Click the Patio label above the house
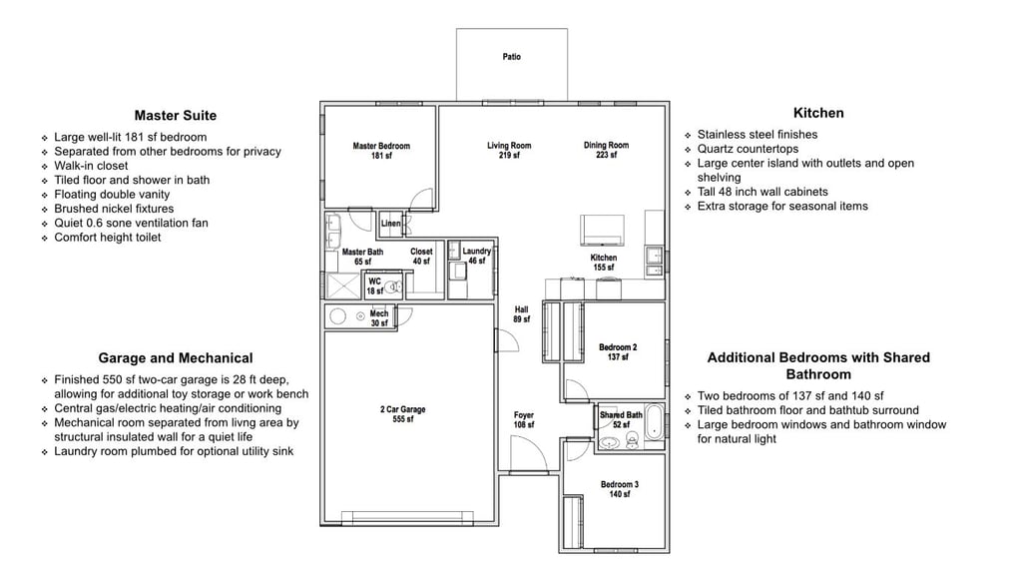(x=511, y=57)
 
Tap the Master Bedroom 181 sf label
(x=381, y=151)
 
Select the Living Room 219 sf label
(x=509, y=151)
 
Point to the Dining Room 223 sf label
(x=606, y=151)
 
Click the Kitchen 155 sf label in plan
(x=604, y=263)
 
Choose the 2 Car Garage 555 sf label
(x=402, y=414)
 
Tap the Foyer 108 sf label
(x=524, y=420)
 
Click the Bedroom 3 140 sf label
(x=620, y=489)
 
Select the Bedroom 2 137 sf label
(x=618, y=352)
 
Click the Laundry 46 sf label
(x=477, y=257)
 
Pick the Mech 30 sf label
(x=379, y=318)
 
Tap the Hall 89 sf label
(x=521, y=314)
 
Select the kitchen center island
(x=603, y=230)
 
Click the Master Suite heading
(x=175, y=116)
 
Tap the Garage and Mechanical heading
(x=175, y=358)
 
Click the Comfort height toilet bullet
(x=108, y=238)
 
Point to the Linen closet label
(x=391, y=225)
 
